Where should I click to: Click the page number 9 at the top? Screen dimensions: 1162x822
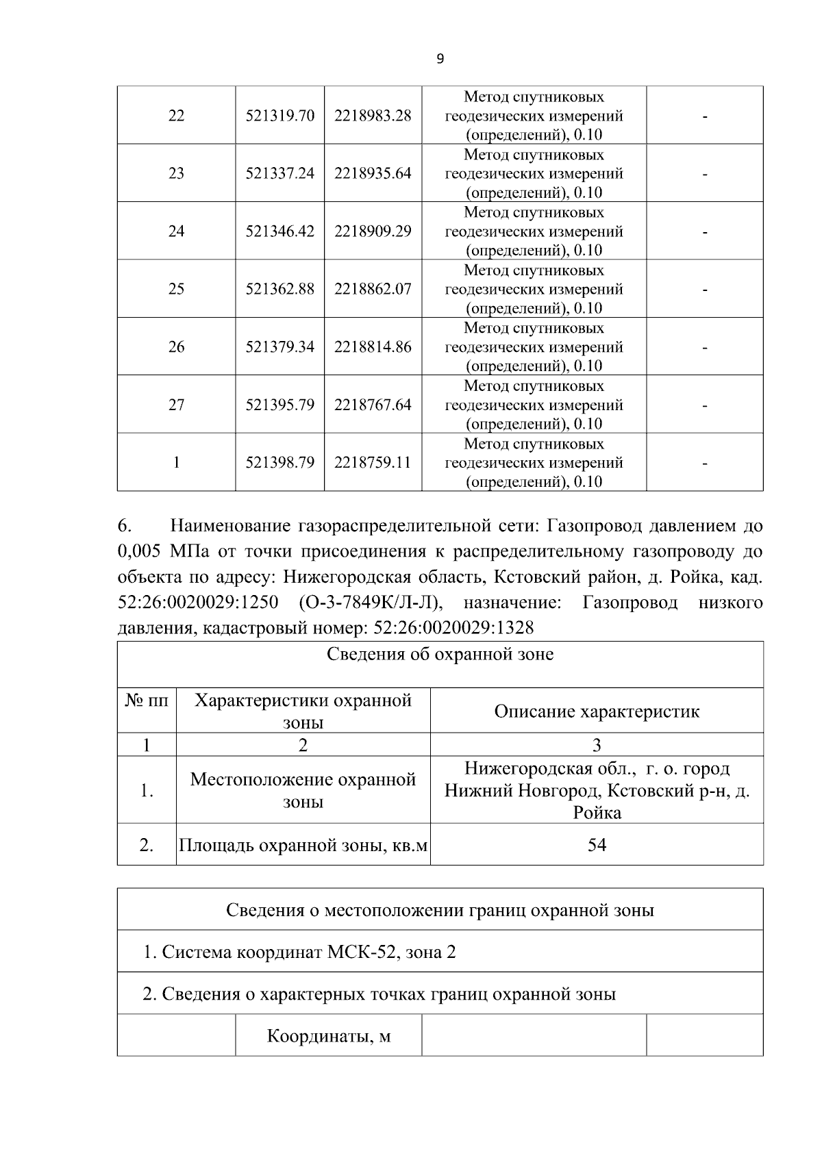tap(440, 59)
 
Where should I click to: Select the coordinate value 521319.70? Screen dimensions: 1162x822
tap(279, 116)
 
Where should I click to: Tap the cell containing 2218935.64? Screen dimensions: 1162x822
tap(373, 173)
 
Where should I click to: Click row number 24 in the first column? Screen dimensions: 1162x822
tap(176, 231)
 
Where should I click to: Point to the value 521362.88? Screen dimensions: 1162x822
tap(279, 289)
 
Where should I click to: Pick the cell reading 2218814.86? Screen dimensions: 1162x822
tap(373, 347)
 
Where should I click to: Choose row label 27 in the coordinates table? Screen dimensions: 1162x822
tap(176, 405)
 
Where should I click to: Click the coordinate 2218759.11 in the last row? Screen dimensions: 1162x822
tap(373, 463)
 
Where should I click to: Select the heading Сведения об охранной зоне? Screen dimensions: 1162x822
tap(440, 655)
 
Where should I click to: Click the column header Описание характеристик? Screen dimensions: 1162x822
tap(597, 711)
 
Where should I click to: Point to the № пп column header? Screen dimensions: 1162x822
tap(147, 700)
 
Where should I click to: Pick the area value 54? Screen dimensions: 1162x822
tap(597, 845)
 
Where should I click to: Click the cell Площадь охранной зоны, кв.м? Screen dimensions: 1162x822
tap(303, 846)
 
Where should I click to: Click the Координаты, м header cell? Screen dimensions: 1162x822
tap(328, 1035)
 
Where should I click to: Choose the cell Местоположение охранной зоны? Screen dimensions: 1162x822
tap(303, 790)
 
